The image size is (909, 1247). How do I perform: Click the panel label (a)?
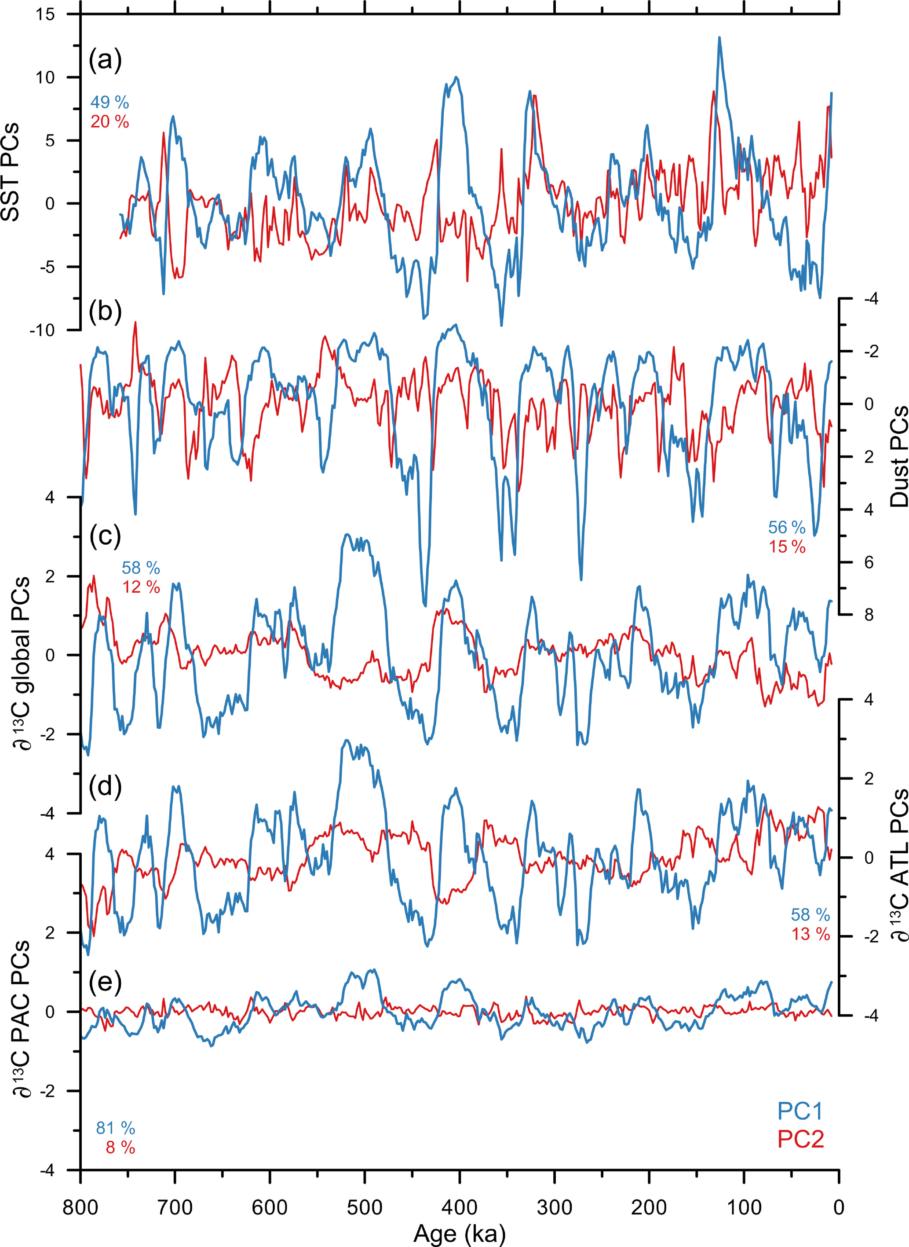pos(105,59)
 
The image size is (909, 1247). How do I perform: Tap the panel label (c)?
pos(105,535)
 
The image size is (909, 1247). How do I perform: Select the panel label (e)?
pos(105,980)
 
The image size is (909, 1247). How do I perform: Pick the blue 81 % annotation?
pos(116,1128)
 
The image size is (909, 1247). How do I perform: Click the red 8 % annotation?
pos(120,1148)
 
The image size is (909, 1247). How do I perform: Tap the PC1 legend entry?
pos(800,1111)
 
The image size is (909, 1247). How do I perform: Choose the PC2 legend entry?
pos(800,1139)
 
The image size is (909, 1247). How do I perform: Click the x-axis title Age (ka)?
pos(459,1234)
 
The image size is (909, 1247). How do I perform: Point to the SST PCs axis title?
pos(11,172)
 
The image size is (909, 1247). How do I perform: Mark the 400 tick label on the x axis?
pos(459,1207)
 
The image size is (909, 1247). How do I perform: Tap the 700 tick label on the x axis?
pos(175,1207)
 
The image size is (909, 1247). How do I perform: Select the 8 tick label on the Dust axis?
pos(868,615)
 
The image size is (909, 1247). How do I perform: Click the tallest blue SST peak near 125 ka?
pos(719,38)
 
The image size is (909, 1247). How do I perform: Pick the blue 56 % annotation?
pos(787,528)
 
